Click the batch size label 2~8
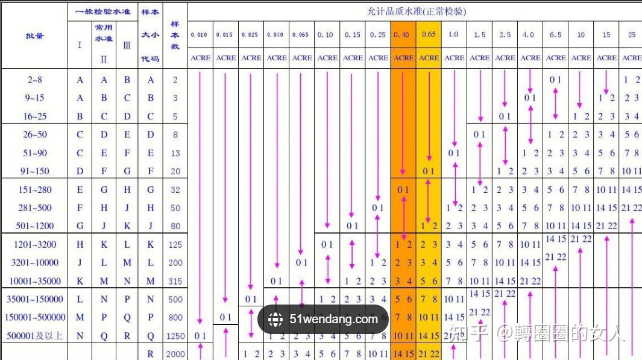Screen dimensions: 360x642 pos(34,80)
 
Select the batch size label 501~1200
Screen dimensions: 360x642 pos(34,226)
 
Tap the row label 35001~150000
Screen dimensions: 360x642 pos(34,300)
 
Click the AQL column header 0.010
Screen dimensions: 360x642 pos(199,35)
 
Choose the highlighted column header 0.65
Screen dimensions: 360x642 pos(429,35)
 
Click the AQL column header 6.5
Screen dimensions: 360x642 pos(555,35)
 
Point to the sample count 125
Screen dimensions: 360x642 pos(175,245)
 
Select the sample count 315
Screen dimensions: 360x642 pos(175,282)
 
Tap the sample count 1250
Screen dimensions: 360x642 pos(175,336)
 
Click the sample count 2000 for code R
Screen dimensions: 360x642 pos(175,354)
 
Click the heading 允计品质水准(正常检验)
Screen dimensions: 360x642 pos(417,11)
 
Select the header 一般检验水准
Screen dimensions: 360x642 pos(103,11)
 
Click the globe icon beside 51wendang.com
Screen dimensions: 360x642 pos(276,320)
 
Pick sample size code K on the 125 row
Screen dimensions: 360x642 pos(151,245)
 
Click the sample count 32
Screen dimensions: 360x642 pos(175,190)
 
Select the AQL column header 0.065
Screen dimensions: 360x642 pos(300,35)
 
